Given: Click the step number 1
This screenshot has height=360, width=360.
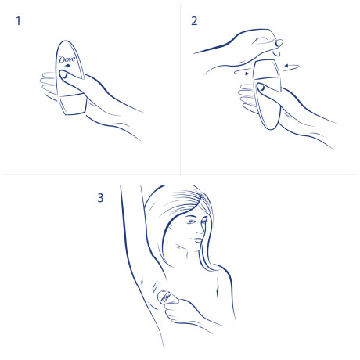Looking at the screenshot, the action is coord(18,21).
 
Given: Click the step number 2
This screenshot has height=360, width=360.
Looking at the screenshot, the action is coord(194,21).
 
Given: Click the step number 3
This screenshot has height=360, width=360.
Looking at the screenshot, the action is coord(100,198).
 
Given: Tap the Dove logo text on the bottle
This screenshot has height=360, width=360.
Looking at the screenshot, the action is coord(67,59).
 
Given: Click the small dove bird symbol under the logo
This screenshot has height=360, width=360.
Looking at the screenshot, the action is coord(67,66).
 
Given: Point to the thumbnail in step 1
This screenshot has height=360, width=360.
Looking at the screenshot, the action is coord(64,75).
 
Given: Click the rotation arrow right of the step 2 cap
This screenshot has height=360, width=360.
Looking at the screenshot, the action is coord(292,67).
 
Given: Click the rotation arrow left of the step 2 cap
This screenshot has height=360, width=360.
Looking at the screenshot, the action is coord(242,72).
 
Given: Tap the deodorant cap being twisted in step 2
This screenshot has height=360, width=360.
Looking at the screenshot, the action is coord(267,70).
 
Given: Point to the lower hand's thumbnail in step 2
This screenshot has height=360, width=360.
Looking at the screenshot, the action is coord(261,88).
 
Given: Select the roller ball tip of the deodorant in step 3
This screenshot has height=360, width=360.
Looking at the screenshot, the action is coord(165,297).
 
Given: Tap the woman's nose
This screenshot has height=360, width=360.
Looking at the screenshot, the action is coord(202,229).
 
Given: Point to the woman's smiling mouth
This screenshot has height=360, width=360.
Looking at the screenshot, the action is coord(197,239).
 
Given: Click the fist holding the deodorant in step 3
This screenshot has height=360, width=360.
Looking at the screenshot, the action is coord(178,311).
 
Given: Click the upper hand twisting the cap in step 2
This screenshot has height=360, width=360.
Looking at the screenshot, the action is coord(250,45).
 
